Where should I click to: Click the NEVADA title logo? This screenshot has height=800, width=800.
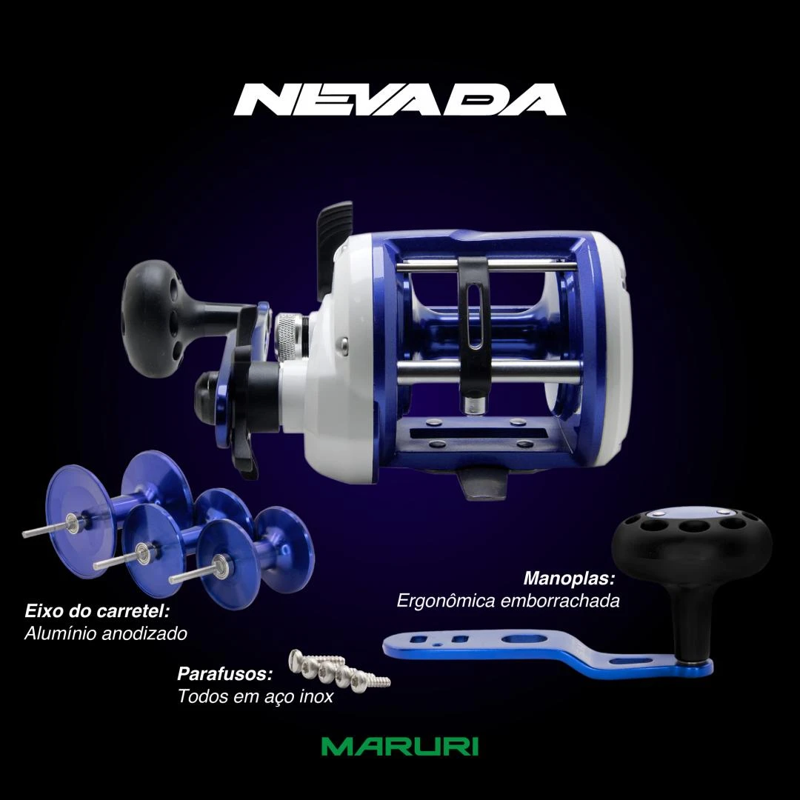399,99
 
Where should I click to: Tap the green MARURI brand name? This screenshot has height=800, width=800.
400,746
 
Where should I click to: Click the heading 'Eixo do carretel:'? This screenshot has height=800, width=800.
97,610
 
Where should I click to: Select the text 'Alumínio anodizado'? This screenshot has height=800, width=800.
106,633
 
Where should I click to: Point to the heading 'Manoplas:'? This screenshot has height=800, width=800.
569,578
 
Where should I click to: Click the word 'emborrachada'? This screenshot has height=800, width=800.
560,601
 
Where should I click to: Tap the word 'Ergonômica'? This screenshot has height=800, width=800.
445,601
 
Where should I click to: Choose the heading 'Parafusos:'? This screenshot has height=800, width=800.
224,673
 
